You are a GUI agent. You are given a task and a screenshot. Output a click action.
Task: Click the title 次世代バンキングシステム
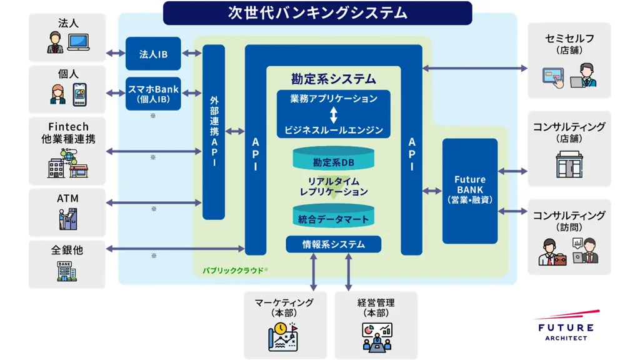coord(317,12)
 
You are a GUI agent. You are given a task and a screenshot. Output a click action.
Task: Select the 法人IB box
coord(153,54)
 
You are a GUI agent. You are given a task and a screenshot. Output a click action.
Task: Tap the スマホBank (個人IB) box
coord(153,94)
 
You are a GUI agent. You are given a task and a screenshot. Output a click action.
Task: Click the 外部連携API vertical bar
coord(214,132)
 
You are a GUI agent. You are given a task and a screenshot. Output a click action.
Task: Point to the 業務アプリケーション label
coord(334,99)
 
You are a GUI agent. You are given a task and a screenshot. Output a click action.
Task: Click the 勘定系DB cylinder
coord(334,161)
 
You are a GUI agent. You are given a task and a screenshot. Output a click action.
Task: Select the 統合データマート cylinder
coord(334,217)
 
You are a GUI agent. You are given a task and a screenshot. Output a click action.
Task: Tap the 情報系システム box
coord(334,244)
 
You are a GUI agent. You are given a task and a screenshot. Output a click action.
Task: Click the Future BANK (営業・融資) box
coord(470,190)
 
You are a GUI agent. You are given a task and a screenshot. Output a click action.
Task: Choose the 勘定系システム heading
coord(334,79)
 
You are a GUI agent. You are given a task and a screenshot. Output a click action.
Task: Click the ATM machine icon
coord(68,218)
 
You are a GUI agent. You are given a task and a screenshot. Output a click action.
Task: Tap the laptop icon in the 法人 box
coord(79,42)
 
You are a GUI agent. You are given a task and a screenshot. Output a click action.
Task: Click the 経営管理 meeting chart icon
coord(377,336)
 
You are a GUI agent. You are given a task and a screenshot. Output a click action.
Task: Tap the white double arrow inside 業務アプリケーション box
coord(334,114)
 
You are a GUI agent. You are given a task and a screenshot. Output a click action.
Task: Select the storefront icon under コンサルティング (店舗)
coord(569,164)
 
